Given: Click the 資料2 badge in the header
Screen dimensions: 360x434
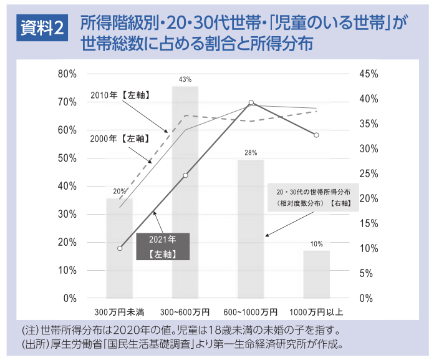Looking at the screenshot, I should tap(42, 28).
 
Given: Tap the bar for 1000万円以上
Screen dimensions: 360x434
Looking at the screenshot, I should tap(316, 274).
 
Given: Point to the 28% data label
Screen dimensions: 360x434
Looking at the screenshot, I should tap(251, 153).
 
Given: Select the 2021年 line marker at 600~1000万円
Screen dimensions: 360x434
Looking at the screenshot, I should tap(251, 103).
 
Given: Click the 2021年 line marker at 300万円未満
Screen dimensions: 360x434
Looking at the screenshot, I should tap(120, 248).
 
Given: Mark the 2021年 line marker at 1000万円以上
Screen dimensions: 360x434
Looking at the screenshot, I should tap(316, 135).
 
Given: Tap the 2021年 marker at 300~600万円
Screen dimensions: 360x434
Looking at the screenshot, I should tap(185, 175).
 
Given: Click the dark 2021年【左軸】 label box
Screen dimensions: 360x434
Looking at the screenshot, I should tap(162, 246).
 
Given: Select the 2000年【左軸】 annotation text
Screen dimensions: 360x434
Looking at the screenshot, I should tap(118, 139).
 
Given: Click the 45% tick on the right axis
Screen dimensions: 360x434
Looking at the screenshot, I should tap(369, 74).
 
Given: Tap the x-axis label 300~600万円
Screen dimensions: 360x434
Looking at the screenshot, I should tap(185, 311).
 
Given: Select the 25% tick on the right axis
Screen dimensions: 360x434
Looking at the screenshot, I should tap(369, 173).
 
